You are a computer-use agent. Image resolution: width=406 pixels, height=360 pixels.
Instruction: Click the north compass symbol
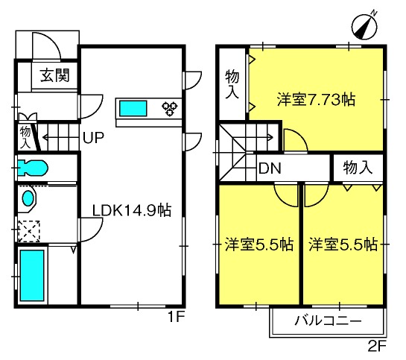[x=364, y=26]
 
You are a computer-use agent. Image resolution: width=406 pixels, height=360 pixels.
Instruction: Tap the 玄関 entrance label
[x=55, y=75]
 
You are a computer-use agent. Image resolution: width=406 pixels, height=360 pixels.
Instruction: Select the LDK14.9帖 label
[x=132, y=210]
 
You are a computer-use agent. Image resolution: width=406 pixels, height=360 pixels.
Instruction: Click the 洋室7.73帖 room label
[x=316, y=99]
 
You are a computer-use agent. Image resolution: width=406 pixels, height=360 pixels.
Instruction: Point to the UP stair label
[x=93, y=137]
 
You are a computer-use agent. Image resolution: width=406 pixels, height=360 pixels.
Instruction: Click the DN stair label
[x=270, y=168]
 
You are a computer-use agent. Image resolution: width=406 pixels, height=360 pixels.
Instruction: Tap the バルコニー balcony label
[x=328, y=320]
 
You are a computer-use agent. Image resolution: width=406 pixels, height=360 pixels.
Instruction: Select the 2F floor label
[x=377, y=346]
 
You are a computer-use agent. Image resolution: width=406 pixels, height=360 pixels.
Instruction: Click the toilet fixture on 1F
[x=32, y=168]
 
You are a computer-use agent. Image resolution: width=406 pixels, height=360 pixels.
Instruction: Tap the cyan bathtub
[x=32, y=276]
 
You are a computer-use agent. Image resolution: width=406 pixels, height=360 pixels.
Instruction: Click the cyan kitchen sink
[x=133, y=108]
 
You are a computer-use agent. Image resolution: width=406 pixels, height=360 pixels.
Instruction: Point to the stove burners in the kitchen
[x=170, y=108]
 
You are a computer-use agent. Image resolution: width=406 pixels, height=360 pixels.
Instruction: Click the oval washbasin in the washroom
[x=28, y=198]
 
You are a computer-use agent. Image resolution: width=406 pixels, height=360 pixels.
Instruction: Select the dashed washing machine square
[x=29, y=231]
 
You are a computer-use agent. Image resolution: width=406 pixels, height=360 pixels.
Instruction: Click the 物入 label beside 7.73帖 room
[x=232, y=84]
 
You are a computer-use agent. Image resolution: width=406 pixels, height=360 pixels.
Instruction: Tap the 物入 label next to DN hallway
[x=358, y=168]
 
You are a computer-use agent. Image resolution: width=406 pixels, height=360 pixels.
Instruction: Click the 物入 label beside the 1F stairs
[x=25, y=137]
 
